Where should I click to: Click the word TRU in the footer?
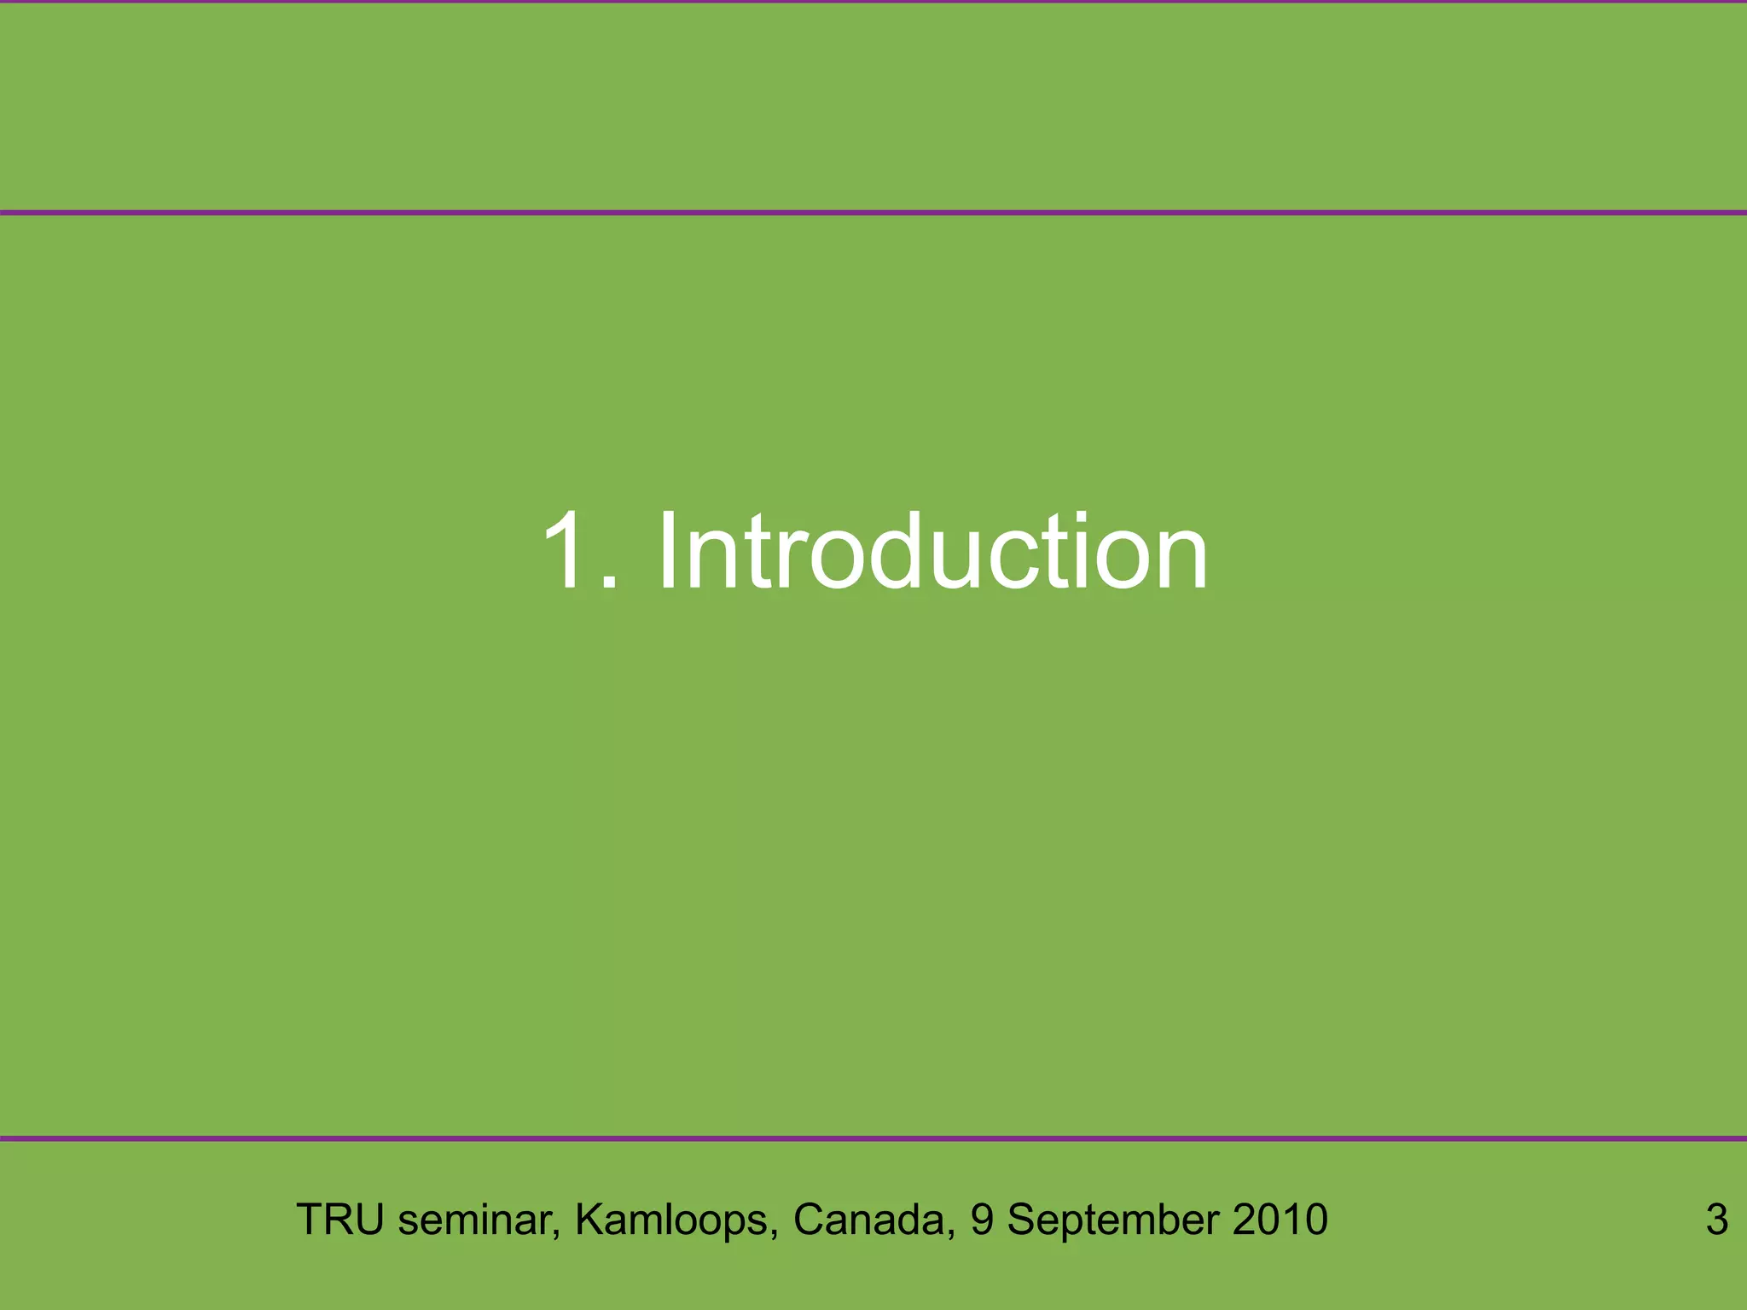click(x=340, y=1220)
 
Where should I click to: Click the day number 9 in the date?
click(x=983, y=1220)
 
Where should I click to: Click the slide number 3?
click(x=1716, y=1220)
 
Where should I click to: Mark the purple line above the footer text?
click(x=873, y=1139)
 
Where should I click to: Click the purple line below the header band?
click(x=873, y=212)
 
